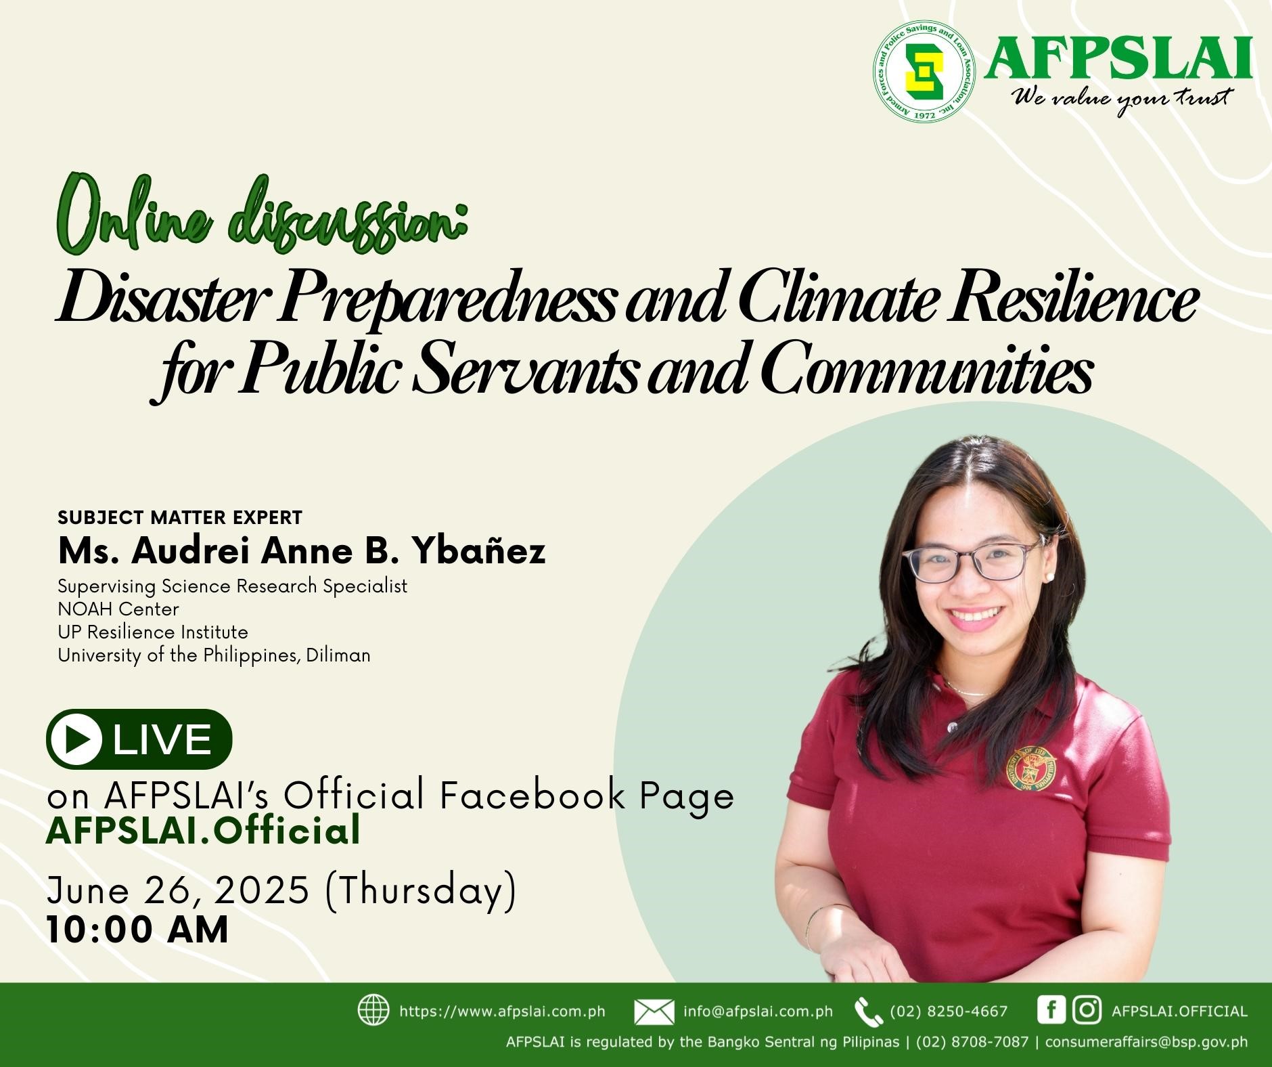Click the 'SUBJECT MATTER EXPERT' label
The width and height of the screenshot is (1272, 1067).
pos(180,517)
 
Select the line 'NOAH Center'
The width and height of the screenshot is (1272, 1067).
pos(118,609)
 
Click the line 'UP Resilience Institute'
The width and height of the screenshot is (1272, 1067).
pos(153,632)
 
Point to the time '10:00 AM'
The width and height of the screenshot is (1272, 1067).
pos(137,929)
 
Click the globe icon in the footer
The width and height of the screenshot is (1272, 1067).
pos(373,1010)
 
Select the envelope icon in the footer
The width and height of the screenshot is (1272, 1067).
pos(654,1011)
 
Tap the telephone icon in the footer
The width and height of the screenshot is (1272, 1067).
pos(868,1011)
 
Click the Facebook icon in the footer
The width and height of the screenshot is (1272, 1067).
pos(1051,1010)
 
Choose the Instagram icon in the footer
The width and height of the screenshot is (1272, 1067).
pos(1087,1010)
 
